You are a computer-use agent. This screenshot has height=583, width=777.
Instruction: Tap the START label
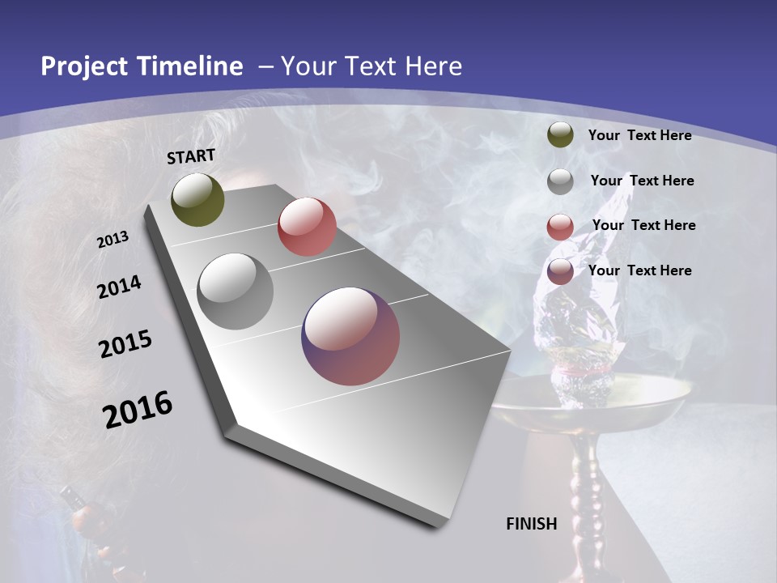[x=191, y=156]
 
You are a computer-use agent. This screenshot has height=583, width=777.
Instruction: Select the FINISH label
[x=532, y=524]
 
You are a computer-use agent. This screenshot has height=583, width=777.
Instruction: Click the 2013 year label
[x=113, y=240]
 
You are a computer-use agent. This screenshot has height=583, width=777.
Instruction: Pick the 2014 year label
[x=119, y=287]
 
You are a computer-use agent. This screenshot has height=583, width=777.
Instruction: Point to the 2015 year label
[x=125, y=345]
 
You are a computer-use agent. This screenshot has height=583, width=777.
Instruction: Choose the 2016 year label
[x=138, y=410]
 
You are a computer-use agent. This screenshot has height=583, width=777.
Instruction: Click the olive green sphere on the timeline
[x=197, y=199]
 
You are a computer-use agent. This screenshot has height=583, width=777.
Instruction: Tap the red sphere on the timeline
[x=307, y=227]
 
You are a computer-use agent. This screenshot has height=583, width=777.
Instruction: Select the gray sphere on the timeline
[x=236, y=291]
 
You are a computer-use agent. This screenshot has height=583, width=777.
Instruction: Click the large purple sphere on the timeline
[x=350, y=336]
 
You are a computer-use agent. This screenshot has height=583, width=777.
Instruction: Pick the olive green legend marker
[x=560, y=135]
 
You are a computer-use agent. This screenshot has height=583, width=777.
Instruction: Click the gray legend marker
[x=560, y=181]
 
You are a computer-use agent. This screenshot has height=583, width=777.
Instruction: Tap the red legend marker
[x=560, y=227]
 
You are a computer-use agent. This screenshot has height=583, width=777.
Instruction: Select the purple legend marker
[x=560, y=272]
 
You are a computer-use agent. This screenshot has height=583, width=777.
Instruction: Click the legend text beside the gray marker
[x=642, y=181]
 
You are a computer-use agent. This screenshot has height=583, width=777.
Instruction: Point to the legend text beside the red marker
[x=643, y=225]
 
